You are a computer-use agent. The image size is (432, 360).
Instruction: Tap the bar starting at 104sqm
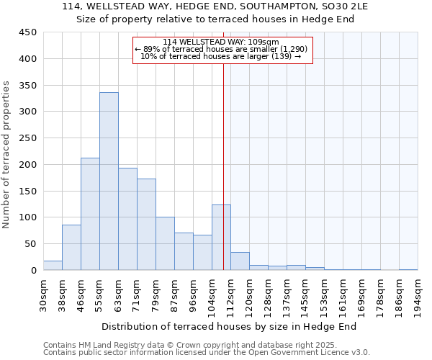point(221,238)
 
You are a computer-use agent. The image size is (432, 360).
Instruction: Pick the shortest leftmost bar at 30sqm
point(53,266)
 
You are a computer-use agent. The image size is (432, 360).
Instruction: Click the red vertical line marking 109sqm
point(224,144)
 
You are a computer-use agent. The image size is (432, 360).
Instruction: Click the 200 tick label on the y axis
point(28,165)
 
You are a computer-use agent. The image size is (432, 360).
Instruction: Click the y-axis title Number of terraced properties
point(6,154)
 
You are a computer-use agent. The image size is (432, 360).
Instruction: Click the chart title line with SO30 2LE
point(215,6)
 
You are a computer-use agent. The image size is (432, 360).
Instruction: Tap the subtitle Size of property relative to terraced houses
point(215,19)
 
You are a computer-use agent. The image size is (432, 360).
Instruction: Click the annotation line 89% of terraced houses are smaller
point(221,49)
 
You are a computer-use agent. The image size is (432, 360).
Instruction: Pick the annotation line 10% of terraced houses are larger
point(221,56)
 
